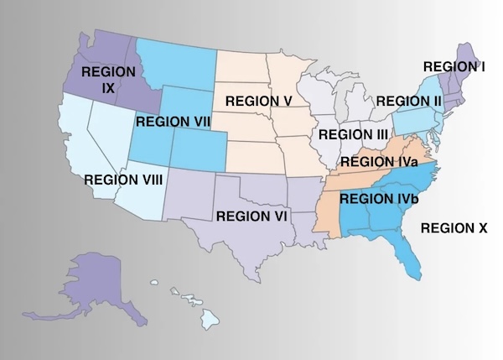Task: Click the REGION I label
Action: pos(454,65)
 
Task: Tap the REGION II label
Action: pos(408,102)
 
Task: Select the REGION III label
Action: pos(353,134)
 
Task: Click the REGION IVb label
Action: pos(379,199)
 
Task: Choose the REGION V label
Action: pos(258,102)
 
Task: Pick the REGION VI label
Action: pos(252,216)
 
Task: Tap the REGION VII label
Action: pos(173,122)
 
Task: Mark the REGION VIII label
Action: pos(123,179)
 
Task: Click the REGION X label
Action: pos(454,227)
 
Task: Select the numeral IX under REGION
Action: pos(108,88)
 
